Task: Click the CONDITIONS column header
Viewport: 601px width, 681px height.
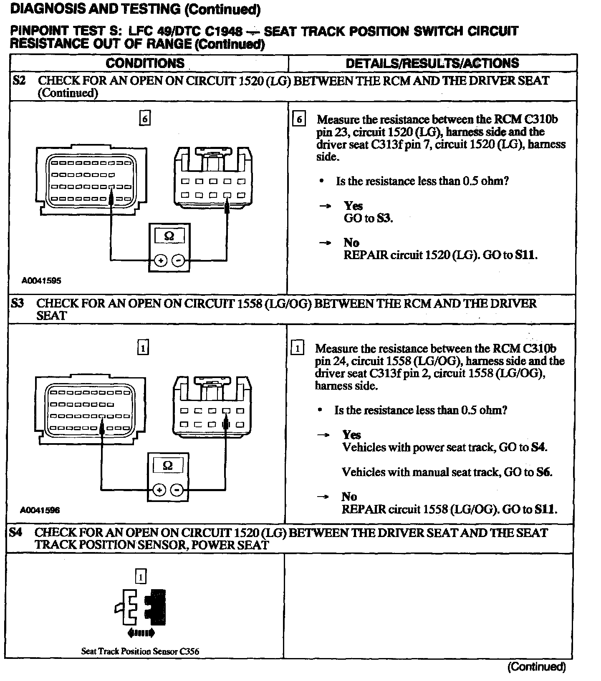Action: [145, 63]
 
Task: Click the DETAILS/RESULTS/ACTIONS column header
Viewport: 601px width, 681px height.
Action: [432, 63]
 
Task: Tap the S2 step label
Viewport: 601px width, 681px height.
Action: [19, 80]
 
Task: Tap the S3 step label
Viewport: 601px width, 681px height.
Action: [18, 303]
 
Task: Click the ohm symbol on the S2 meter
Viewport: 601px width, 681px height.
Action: [169, 236]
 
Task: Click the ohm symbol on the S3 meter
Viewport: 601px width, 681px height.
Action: [168, 465]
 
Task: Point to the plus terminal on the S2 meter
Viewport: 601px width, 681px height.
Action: [160, 261]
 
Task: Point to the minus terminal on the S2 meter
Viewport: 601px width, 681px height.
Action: [179, 261]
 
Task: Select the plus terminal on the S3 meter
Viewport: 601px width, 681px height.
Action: [159, 489]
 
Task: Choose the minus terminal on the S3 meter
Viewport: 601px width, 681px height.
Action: [177, 489]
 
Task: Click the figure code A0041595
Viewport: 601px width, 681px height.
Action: [41, 281]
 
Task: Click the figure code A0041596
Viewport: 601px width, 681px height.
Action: [40, 510]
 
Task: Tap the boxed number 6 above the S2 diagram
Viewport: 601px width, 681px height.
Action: [145, 119]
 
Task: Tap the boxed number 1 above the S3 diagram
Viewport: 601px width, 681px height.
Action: [143, 348]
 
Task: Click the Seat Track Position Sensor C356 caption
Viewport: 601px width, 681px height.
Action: [140, 651]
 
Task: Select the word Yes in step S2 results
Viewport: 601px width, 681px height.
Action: [353, 206]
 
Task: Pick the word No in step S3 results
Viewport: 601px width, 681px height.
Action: [349, 497]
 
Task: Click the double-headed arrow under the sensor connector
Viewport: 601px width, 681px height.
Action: [141, 633]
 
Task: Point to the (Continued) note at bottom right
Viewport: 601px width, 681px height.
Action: [536, 667]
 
